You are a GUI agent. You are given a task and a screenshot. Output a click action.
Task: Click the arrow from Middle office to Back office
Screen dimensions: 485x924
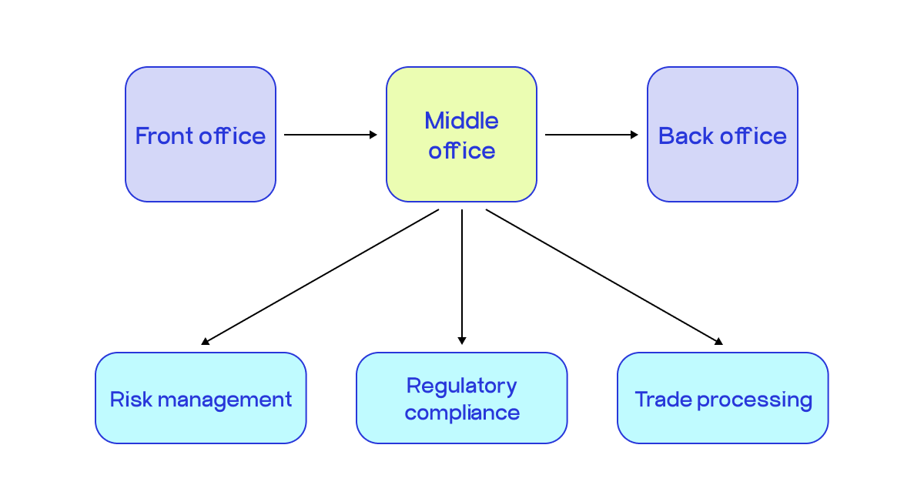(x=591, y=135)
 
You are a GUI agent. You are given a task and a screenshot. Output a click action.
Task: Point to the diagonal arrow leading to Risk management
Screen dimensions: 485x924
(x=320, y=276)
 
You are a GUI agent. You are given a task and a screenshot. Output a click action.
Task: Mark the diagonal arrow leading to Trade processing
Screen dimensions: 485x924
(x=604, y=276)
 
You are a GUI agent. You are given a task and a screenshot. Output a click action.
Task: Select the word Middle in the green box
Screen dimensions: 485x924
(x=461, y=121)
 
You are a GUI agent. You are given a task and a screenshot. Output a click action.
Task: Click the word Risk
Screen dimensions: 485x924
(x=127, y=400)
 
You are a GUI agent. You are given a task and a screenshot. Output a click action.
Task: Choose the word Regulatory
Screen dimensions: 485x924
(x=461, y=386)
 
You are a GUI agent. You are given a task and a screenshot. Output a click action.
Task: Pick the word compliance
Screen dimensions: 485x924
(x=462, y=413)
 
